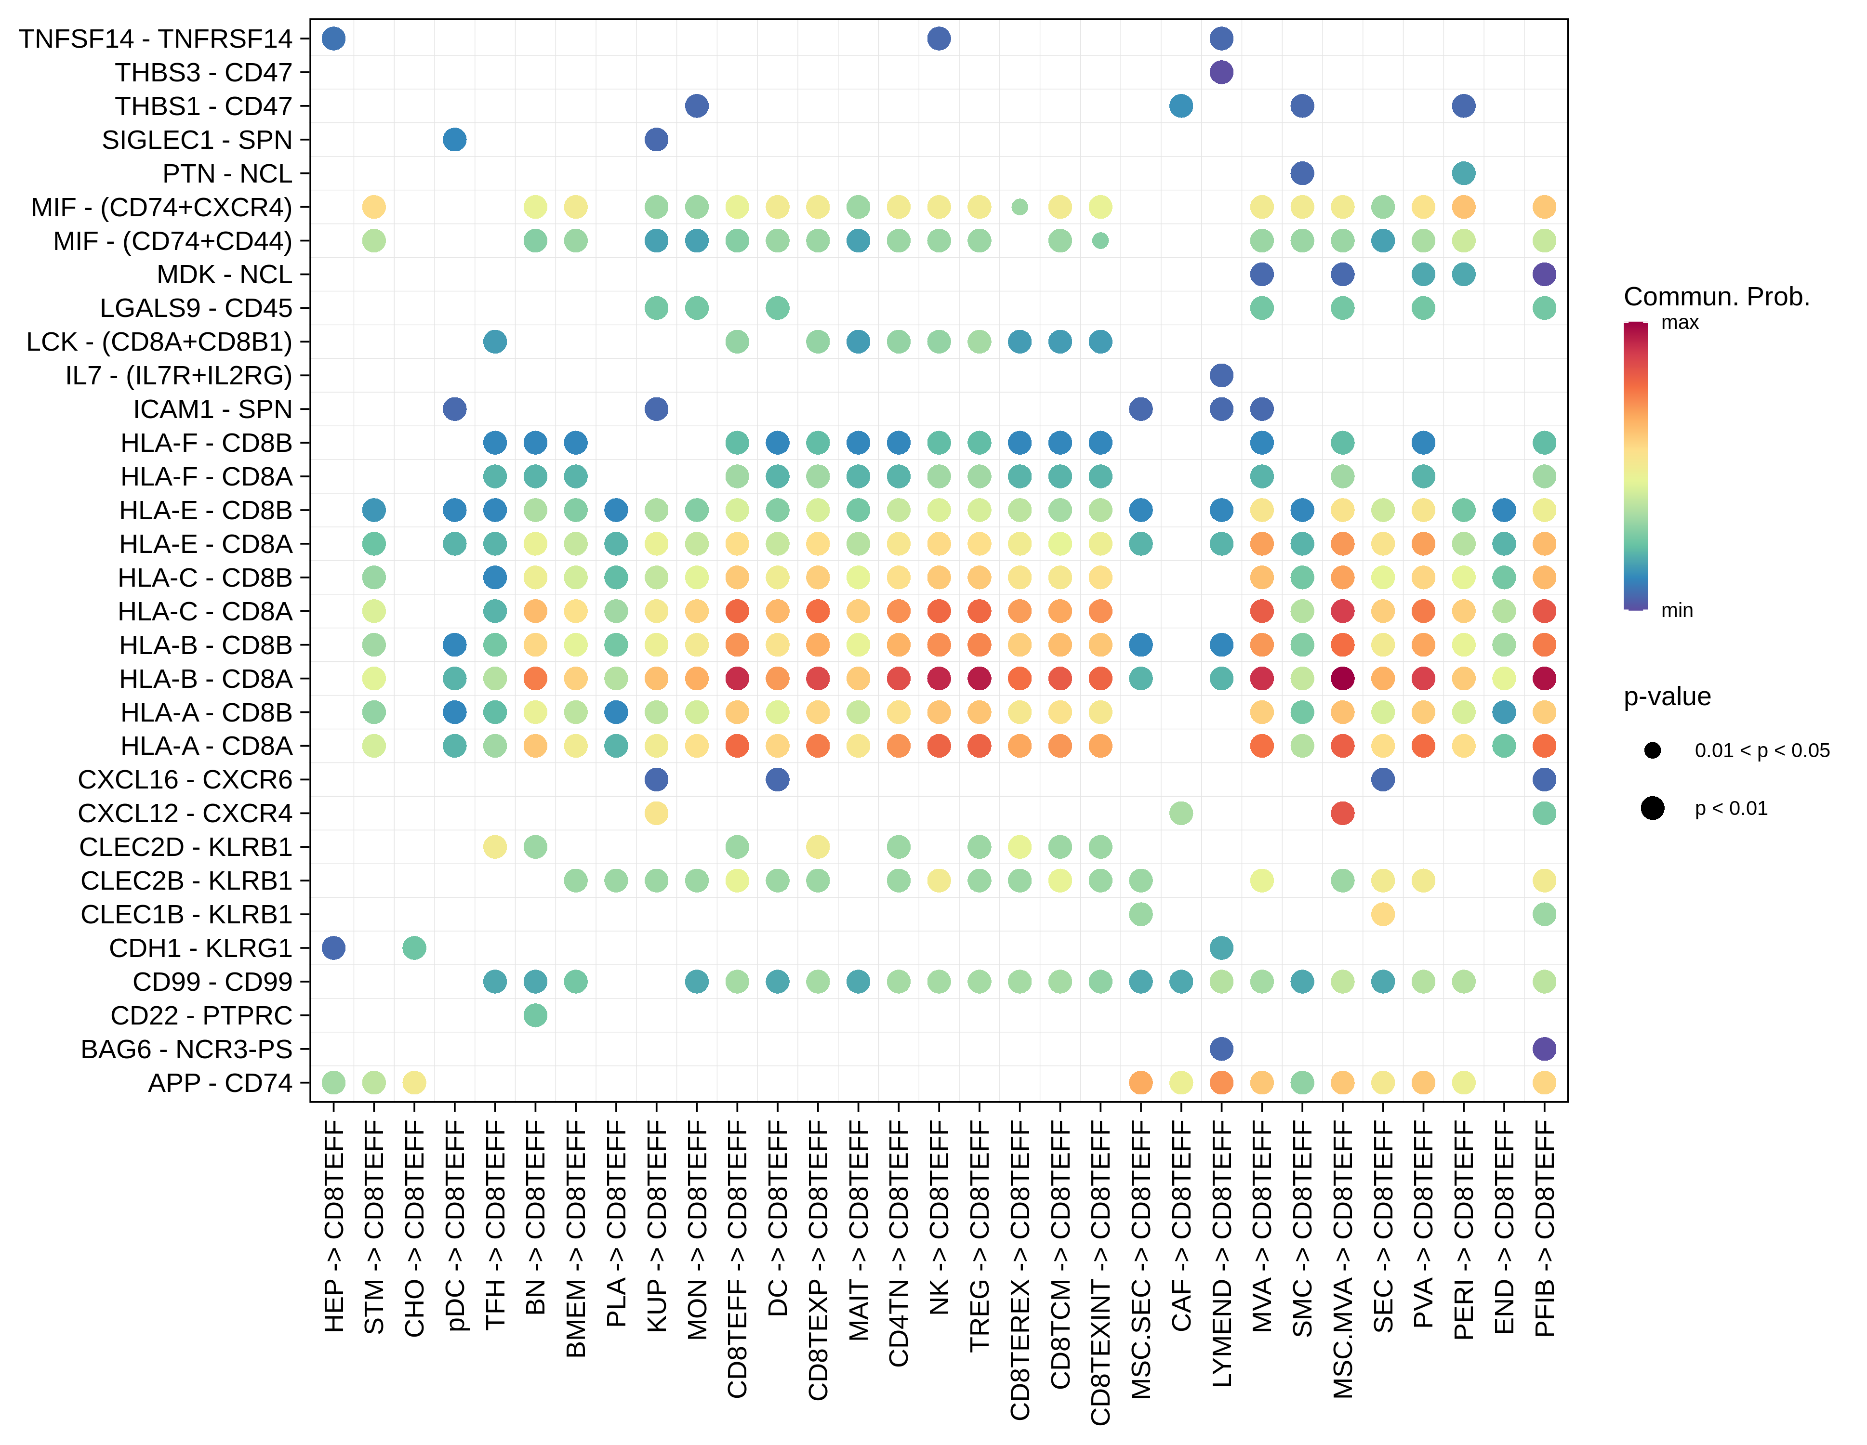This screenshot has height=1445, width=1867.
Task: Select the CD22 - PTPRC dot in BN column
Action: click(535, 1015)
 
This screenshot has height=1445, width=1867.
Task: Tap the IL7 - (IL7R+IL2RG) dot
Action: click(1221, 375)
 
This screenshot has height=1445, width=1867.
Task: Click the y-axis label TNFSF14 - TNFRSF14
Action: click(156, 39)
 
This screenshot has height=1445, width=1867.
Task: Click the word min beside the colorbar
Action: click(1676, 610)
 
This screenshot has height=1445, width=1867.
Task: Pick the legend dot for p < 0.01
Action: click(1653, 808)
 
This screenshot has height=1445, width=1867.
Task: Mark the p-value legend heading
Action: click(1667, 696)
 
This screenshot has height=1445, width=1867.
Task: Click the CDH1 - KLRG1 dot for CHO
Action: click(414, 947)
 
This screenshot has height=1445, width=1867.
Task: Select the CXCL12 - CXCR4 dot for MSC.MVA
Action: click(1342, 813)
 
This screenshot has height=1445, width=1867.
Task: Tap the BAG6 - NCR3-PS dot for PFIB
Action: click(1544, 1049)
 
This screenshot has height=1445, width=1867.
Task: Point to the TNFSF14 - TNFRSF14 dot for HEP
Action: click(333, 39)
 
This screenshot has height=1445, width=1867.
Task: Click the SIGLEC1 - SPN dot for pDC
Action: click(455, 139)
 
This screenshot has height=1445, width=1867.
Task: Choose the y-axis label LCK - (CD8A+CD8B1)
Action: click(159, 342)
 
